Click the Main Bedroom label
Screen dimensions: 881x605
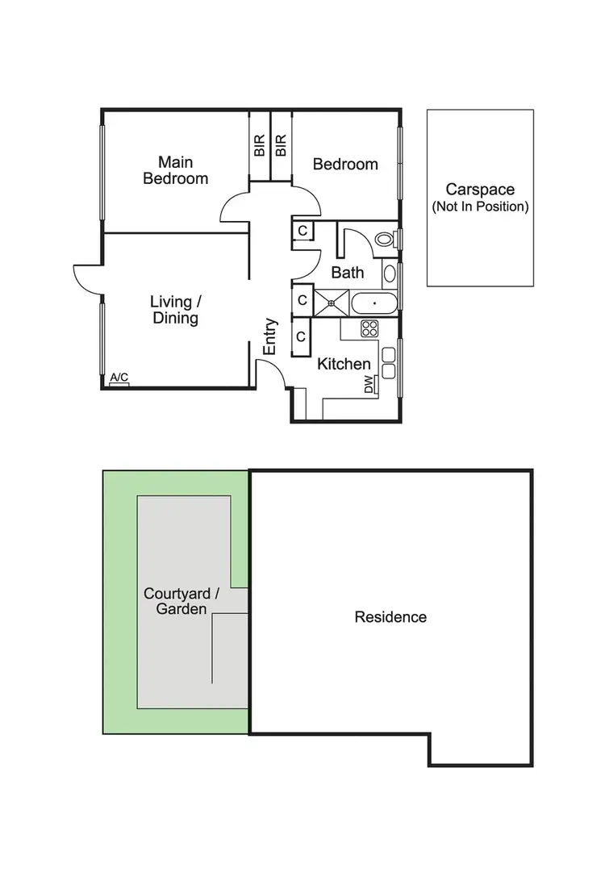(x=175, y=170)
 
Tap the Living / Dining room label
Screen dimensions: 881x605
(x=175, y=310)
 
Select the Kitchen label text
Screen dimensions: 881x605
(x=344, y=364)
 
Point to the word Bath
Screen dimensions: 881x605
(x=348, y=273)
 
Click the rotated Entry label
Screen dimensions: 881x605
(x=270, y=336)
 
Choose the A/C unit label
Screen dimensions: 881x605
(x=119, y=378)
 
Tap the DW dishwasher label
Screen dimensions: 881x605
(x=369, y=384)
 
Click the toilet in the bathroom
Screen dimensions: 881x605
(x=385, y=240)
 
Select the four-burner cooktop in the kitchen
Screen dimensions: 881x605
(x=369, y=328)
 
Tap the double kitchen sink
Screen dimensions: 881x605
(x=388, y=363)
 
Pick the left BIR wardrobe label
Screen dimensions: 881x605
(x=259, y=146)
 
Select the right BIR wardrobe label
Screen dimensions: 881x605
(x=281, y=146)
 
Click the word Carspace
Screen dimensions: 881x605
(x=480, y=190)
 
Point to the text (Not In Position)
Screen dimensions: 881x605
(x=480, y=207)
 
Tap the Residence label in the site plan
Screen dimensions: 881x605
(x=390, y=617)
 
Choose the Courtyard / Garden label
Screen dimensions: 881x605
(x=176, y=601)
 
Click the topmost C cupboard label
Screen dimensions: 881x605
(x=302, y=231)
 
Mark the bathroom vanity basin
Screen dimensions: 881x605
(x=390, y=273)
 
